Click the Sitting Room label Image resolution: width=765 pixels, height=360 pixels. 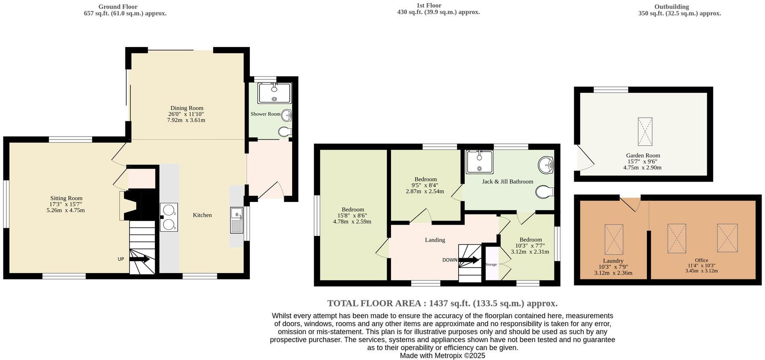(x=66, y=198)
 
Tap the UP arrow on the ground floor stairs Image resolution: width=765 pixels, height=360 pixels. (x=139, y=259)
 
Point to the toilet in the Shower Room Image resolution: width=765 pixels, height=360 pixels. (x=285, y=132)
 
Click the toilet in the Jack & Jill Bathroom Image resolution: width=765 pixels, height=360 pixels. (x=544, y=192)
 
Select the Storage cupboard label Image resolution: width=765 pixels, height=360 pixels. (x=491, y=265)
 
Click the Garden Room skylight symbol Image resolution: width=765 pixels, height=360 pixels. (x=645, y=132)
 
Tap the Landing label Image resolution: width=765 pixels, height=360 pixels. (x=435, y=240)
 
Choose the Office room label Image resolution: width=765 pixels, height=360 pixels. (x=701, y=260)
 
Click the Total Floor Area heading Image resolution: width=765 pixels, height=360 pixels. (x=442, y=303)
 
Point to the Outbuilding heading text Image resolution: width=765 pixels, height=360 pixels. (x=671, y=7)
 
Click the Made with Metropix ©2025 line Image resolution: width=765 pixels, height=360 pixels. (x=442, y=356)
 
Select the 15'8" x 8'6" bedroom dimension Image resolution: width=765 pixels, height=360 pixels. (x=352, y=216)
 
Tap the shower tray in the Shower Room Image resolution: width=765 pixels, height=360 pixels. (x=274, y=93)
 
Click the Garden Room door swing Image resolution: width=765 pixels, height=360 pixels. (x=584, y=158)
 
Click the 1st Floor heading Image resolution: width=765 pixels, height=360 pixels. (x=429, y=6)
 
